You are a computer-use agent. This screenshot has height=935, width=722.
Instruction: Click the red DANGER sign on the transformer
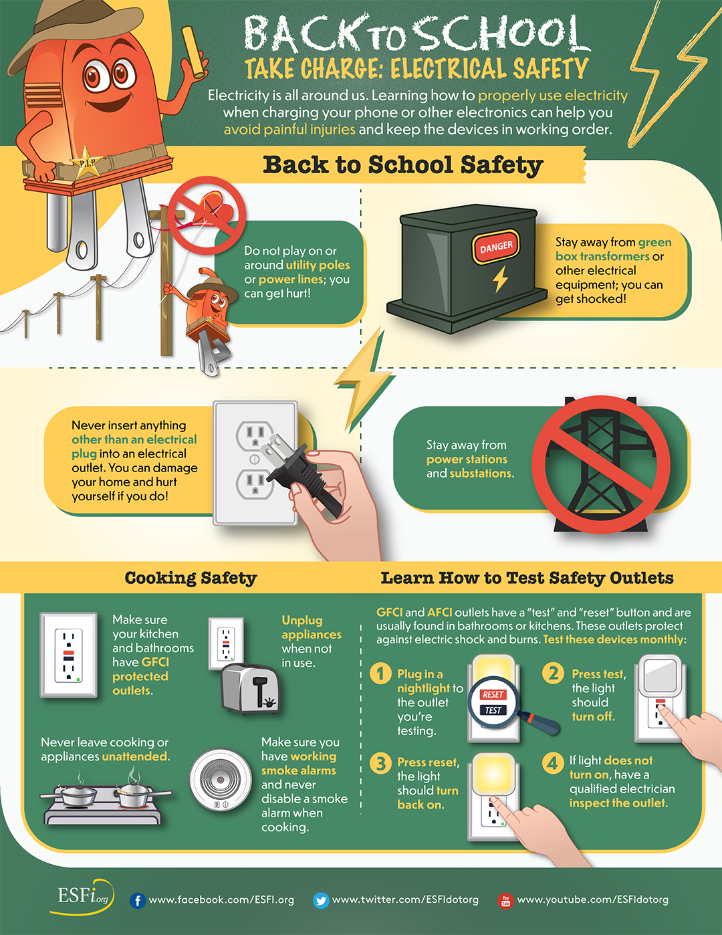pos(496,247)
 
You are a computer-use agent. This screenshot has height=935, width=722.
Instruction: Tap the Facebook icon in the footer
pos(138,901)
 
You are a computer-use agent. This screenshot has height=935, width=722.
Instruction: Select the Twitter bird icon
pos(321,901)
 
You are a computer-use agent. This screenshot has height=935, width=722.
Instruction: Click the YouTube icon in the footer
pos(505,901)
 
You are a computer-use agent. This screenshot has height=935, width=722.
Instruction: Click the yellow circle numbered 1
pos(380,673)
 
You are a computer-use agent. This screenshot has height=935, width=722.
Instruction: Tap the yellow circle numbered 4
pos(553,763)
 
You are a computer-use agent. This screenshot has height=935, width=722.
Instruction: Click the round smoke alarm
pos(220,780)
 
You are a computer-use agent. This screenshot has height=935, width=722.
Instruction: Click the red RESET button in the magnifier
pos(493,694)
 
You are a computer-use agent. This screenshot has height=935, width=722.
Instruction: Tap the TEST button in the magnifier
pos(493,710)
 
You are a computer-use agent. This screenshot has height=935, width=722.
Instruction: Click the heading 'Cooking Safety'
pos(191,578)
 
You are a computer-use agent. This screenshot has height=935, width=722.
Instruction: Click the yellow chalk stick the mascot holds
pos(193,52)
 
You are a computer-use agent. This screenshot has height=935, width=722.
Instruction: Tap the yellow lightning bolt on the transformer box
pos(500,279)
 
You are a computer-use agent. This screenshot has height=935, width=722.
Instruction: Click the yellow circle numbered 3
pos(380,763)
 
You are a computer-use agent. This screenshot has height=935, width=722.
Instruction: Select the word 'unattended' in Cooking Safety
pos(134,756)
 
